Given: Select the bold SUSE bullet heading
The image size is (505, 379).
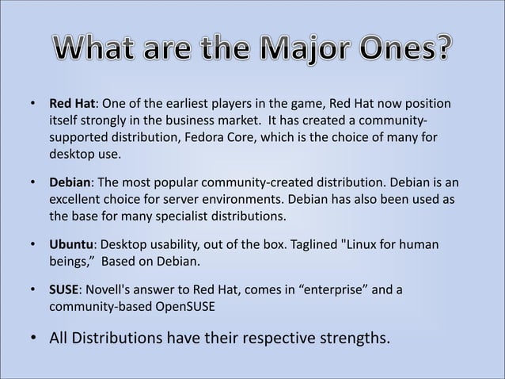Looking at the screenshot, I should (65, 290).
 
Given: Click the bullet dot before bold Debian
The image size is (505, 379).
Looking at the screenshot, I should (33, 183).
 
